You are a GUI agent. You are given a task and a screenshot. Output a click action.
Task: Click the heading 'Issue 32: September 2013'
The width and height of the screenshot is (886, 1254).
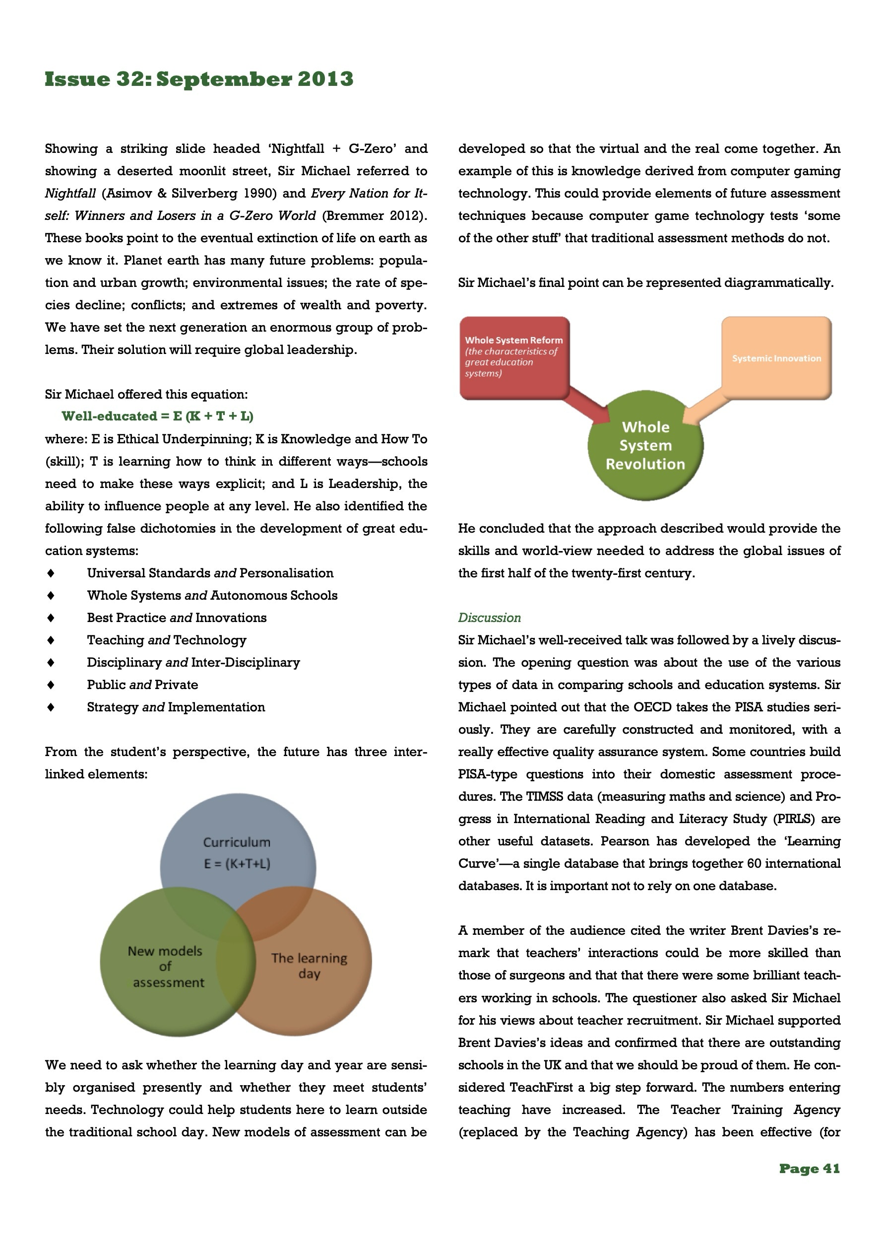pos(199,79)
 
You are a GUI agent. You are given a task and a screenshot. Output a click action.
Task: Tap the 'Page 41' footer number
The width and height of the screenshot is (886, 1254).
pos(809,1169)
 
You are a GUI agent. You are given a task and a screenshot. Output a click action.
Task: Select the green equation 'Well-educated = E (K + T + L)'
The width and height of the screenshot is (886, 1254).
pos(157,416)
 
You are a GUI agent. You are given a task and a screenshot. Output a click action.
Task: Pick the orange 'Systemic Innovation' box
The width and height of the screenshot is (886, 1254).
pos(776,358)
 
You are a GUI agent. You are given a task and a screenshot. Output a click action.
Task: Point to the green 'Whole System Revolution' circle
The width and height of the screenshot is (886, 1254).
pos(645,445)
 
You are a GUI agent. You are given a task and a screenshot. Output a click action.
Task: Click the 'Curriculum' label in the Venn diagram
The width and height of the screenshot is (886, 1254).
pos(236,842)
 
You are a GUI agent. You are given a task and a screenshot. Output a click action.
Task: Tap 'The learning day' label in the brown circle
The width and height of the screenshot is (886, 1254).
pos(309,966)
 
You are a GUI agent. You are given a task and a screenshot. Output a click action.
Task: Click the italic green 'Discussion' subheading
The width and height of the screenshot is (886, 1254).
pos(489,618)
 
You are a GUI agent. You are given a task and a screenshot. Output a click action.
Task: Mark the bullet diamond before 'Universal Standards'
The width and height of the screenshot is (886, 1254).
pos(51,573)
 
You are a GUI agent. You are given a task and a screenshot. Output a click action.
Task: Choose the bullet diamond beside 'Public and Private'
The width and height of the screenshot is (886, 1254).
pos(51,685)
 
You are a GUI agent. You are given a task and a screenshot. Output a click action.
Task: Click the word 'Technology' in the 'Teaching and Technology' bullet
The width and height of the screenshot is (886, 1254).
pos(210,640)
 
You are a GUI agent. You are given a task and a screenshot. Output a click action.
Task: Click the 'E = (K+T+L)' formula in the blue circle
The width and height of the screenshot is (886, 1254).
pos(237,863)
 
